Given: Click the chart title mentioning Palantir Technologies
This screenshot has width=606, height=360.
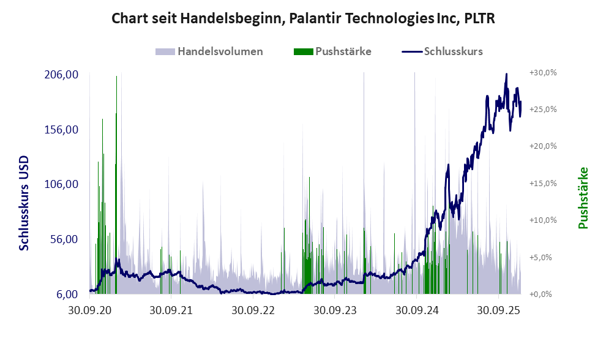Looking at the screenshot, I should (303, 19).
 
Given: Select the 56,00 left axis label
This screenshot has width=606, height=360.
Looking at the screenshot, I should (64, 239).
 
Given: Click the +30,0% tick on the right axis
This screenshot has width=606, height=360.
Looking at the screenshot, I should (542, 72).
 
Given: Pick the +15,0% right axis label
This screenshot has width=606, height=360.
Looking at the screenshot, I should (542, 183).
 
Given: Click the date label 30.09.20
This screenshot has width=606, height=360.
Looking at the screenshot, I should (89, 310).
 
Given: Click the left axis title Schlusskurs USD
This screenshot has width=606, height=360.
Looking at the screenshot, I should (24, 203).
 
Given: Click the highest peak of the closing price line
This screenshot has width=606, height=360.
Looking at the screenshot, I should (506, 74).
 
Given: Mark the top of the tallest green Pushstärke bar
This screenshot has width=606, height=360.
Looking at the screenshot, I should (116, 77).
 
